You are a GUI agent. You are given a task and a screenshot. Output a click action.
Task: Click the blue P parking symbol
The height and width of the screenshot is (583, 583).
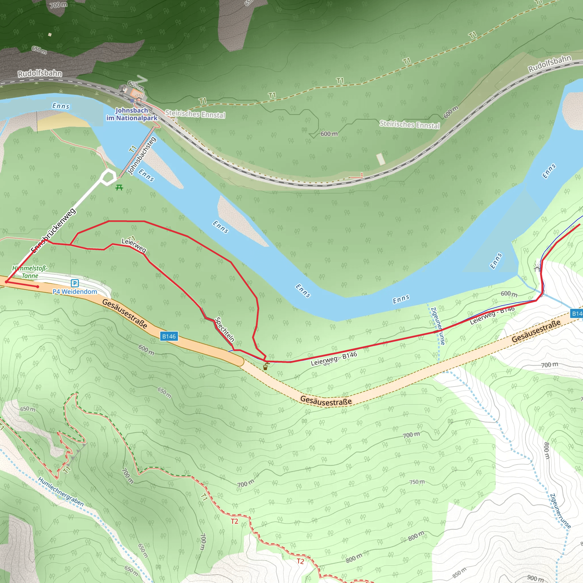(x=75, y=283)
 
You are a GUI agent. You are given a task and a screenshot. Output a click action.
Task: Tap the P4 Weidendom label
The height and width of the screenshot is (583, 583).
(x=75, y=292)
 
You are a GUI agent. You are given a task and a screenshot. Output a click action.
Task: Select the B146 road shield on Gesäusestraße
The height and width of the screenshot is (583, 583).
(x=169, y=336)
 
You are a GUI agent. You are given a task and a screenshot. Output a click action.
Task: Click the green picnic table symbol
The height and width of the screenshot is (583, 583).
(x=119, y=188)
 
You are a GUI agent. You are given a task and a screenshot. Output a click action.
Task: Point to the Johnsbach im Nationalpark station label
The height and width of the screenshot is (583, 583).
(x=132, y=114)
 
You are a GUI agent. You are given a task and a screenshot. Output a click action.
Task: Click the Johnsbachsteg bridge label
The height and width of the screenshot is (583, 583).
(x=142, y=155)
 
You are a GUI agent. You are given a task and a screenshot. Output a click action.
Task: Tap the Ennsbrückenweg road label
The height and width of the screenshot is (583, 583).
(x=54, y=230)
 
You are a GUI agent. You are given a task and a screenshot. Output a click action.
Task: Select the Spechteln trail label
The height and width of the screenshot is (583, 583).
(x=225, y=330)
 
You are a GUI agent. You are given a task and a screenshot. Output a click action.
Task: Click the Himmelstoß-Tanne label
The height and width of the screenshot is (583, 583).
(x=30, y=272)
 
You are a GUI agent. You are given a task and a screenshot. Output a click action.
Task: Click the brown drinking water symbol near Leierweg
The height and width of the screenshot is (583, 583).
(x=265, y=367)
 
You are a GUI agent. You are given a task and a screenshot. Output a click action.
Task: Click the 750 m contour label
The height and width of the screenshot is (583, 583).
(x=417, y=482)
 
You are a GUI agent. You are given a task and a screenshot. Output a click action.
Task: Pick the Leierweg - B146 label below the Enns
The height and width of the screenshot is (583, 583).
(x=334, y=358)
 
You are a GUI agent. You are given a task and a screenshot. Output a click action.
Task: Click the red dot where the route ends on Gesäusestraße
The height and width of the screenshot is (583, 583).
(x=37, y=287)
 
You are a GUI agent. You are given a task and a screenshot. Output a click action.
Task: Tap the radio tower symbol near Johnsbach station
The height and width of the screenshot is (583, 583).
(x=122, y=89)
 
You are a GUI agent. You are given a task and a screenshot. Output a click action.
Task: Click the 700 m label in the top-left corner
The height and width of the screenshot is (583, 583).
(x=59, y=5)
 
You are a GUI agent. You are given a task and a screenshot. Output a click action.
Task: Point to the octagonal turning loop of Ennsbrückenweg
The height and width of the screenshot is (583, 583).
(x=108, y=177)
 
